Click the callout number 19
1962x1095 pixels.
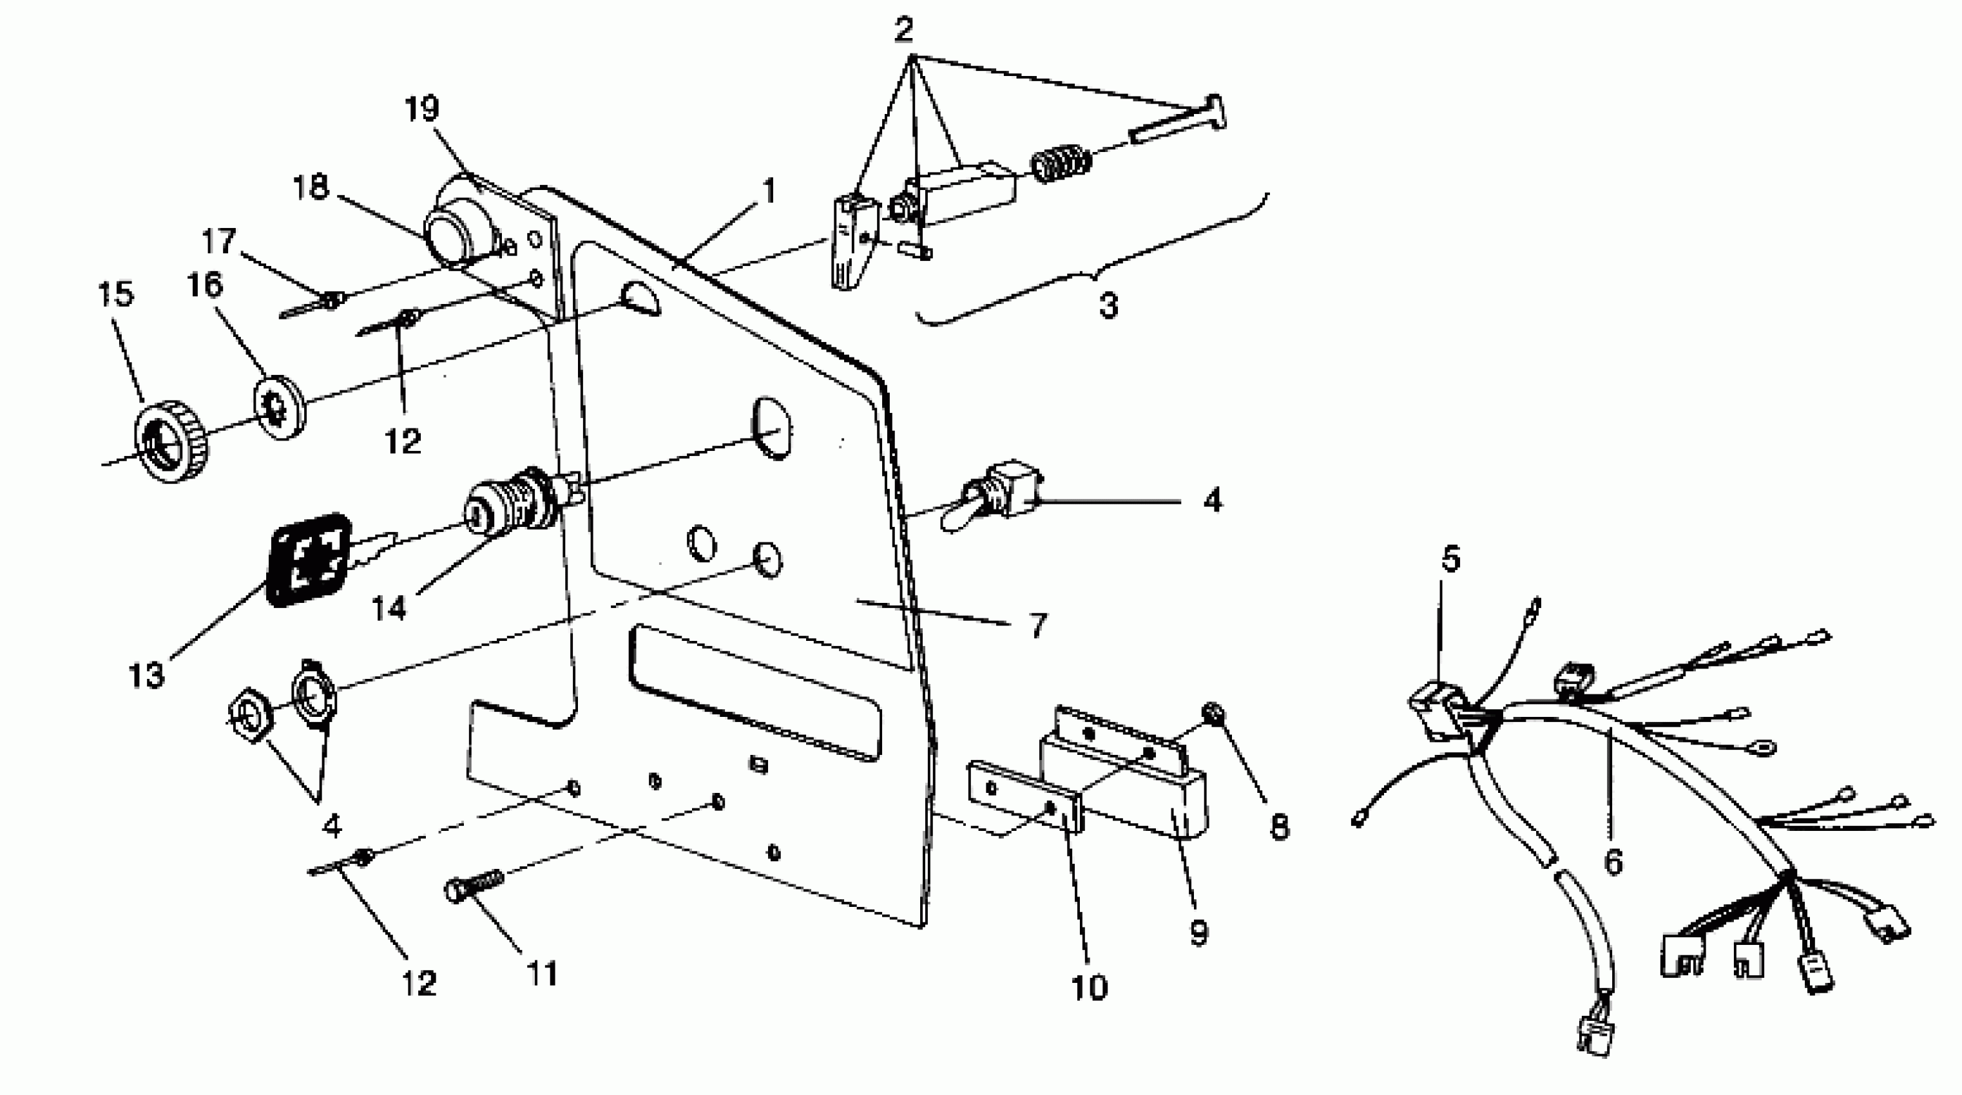[421, 109]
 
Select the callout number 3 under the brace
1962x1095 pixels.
[1108, 305]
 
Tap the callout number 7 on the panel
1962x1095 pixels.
[1038, 625]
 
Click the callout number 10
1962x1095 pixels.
[1088, 987]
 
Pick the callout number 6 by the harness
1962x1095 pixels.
[1613, 861]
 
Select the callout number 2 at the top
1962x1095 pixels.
[903, 30]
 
